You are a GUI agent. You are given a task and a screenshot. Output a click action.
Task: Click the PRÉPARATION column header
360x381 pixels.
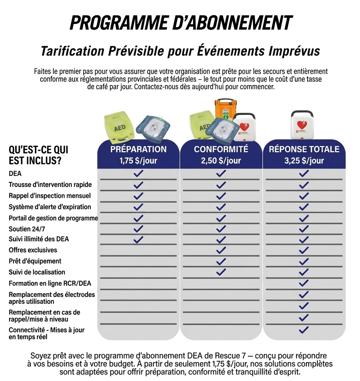138,149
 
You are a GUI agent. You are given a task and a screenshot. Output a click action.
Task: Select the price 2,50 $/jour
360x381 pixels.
221,161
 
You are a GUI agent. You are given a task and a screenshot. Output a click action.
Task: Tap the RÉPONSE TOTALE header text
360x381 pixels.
304,149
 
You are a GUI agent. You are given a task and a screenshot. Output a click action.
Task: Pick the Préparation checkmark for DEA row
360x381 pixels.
138,174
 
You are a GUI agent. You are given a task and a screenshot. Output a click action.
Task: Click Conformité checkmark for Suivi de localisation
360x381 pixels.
221,272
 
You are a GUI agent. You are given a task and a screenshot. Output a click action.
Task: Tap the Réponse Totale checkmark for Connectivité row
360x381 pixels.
304,330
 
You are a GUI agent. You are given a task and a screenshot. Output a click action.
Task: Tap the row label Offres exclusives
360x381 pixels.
33,250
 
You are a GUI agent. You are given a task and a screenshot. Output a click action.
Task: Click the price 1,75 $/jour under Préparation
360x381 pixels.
138,161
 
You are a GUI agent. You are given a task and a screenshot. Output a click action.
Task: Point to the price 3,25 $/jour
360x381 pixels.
304,161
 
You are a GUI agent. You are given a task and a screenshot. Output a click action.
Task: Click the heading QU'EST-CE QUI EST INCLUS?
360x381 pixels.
38,155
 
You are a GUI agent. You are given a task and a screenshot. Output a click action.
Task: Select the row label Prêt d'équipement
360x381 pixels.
35,261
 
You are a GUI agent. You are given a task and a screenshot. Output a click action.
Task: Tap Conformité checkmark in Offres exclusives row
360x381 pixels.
221,250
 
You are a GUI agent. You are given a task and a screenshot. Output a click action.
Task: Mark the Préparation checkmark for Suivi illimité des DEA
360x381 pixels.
138,239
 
